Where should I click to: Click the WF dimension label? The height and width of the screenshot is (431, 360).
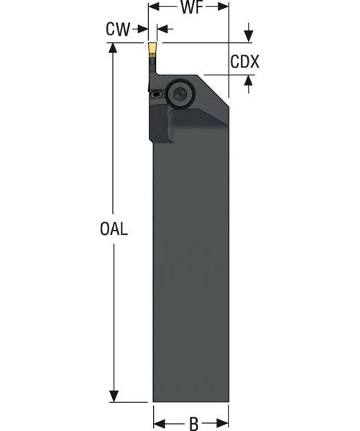[x=188, y=9]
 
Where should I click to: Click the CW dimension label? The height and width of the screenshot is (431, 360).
[x=117, y=29]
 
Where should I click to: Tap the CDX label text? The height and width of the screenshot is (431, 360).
[x=244, y=62]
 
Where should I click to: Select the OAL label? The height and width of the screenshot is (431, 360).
[x=114, y=230]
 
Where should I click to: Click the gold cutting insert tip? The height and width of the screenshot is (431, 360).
[x=152, y=50]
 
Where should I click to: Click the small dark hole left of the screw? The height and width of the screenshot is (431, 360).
[x=157, y=93]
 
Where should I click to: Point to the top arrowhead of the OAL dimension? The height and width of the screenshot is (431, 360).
[x=114, y=49]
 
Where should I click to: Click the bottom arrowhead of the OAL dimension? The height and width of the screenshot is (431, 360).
[x=114, y=396]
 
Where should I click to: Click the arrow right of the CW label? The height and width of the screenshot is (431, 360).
[x=143, y=29]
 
